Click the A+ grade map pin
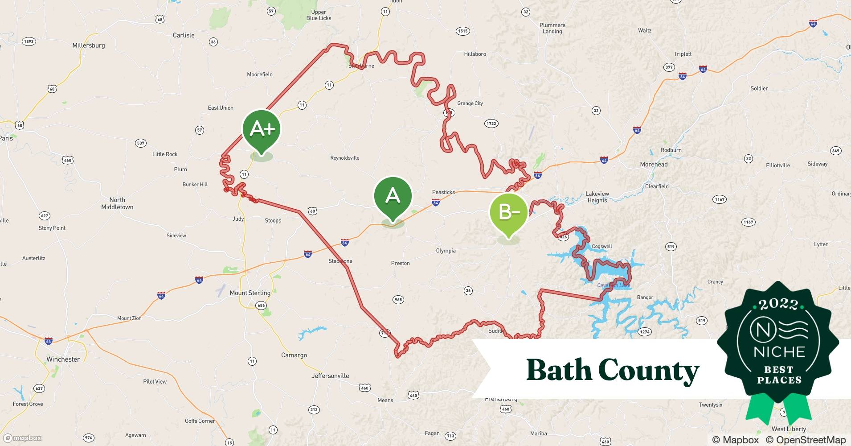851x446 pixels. pos(262,130)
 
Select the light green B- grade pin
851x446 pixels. pos(508,213)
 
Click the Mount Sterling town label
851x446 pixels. pos(250,293)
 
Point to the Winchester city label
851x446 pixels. pos(63,359)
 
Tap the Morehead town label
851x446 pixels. pos(654,164)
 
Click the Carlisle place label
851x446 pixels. pos(184,35)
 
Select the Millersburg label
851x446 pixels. pos(89,45)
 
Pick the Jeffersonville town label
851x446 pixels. pos(330,376)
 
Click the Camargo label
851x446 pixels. pos(294,355)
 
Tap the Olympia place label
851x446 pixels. pos(446,251)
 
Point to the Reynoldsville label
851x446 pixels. pos(344,158)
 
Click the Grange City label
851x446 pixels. pos(470,103)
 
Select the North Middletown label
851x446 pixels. pos(117,203)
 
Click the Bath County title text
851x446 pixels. pos(613,370)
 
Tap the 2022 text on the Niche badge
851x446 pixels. pos(778,305)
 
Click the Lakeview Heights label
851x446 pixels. pos(597,197)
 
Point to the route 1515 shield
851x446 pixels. pos(463,31)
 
